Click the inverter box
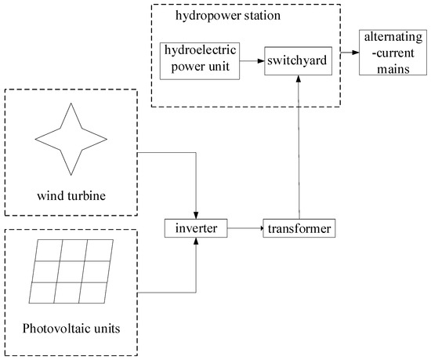click(x=196, y=229)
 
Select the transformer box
click(x=299, y=229)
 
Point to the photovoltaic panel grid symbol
click(x=71, y=271)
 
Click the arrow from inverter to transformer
click(x=245, y=229)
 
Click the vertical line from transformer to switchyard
click(x=298, y=149)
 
